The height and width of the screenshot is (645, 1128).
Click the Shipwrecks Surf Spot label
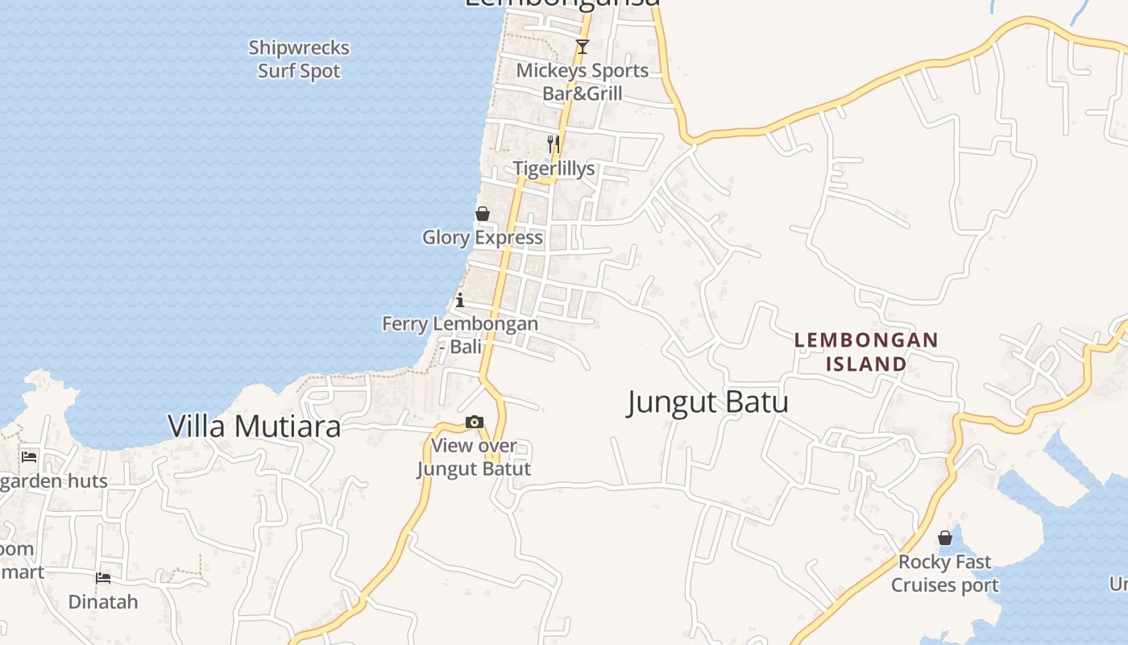[x=299, y=60]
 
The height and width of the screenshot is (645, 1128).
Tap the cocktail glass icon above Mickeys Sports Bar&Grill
[x=583, y=47]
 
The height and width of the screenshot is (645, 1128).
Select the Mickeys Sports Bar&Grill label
[x=582, y=82]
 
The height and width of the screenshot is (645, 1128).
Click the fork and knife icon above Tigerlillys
[x=554, y=144]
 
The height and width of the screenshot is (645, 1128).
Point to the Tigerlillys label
[x=554, y=169]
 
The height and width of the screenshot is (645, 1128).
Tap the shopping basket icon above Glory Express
[x=483, y=214]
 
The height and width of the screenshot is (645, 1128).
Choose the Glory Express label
[x=483, y=238]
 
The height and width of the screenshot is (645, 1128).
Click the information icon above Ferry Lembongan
[x=460, y=301]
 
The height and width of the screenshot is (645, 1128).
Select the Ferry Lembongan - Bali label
[x=460, y=335]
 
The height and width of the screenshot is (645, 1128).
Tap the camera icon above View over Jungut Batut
[x=475, y=422]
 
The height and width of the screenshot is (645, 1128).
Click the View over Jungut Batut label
[x=474, y=457]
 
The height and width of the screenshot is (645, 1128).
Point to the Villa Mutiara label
[x=255, y=427]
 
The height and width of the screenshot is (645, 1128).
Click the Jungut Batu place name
[x=707, y=402]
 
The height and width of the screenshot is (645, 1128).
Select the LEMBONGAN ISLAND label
[x=866, y=352]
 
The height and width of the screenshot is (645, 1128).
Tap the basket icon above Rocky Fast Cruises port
[x=945, y=538]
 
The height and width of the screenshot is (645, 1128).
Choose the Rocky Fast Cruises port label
[x=944, y=573]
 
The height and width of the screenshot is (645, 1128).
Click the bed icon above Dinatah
[x=103, y=578]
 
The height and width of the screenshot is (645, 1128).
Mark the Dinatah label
[x=103, y=602]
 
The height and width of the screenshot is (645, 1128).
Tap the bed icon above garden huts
[x=29, y=457]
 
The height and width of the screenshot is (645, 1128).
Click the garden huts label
[x=53, y=482]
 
